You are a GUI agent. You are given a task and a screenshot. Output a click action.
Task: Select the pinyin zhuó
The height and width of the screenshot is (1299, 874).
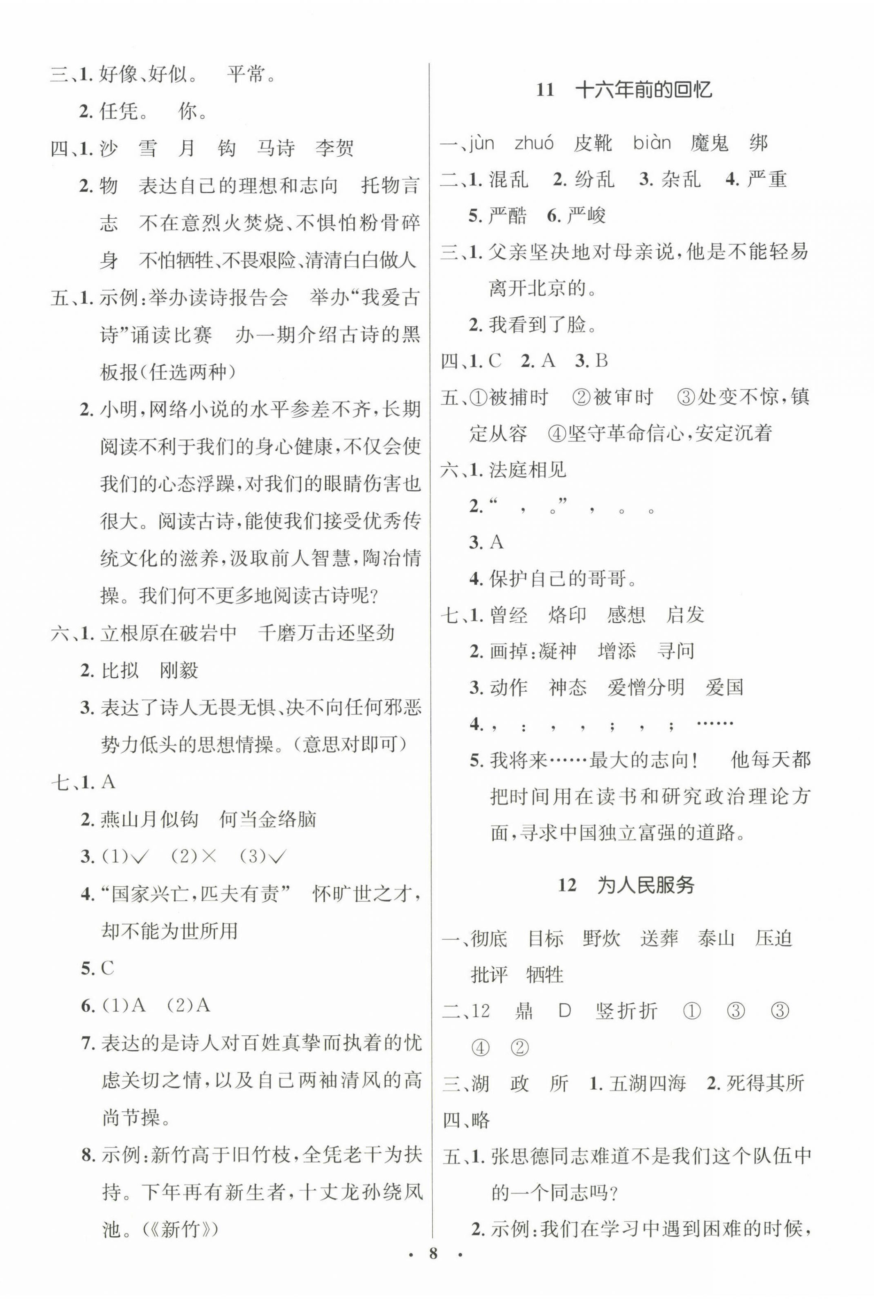533,143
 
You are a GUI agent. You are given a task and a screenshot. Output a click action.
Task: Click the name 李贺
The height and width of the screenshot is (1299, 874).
334,148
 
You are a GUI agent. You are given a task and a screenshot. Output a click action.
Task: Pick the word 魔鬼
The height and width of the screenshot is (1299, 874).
709,143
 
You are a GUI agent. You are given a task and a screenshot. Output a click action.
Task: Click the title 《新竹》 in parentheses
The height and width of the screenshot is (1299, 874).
180,1229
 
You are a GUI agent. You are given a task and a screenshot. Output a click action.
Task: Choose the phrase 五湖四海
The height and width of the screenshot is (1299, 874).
647,1083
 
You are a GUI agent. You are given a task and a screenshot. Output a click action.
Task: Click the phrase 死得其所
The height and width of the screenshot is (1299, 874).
765,1083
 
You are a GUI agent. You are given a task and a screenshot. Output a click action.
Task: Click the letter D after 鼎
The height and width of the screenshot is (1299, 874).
565,1010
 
